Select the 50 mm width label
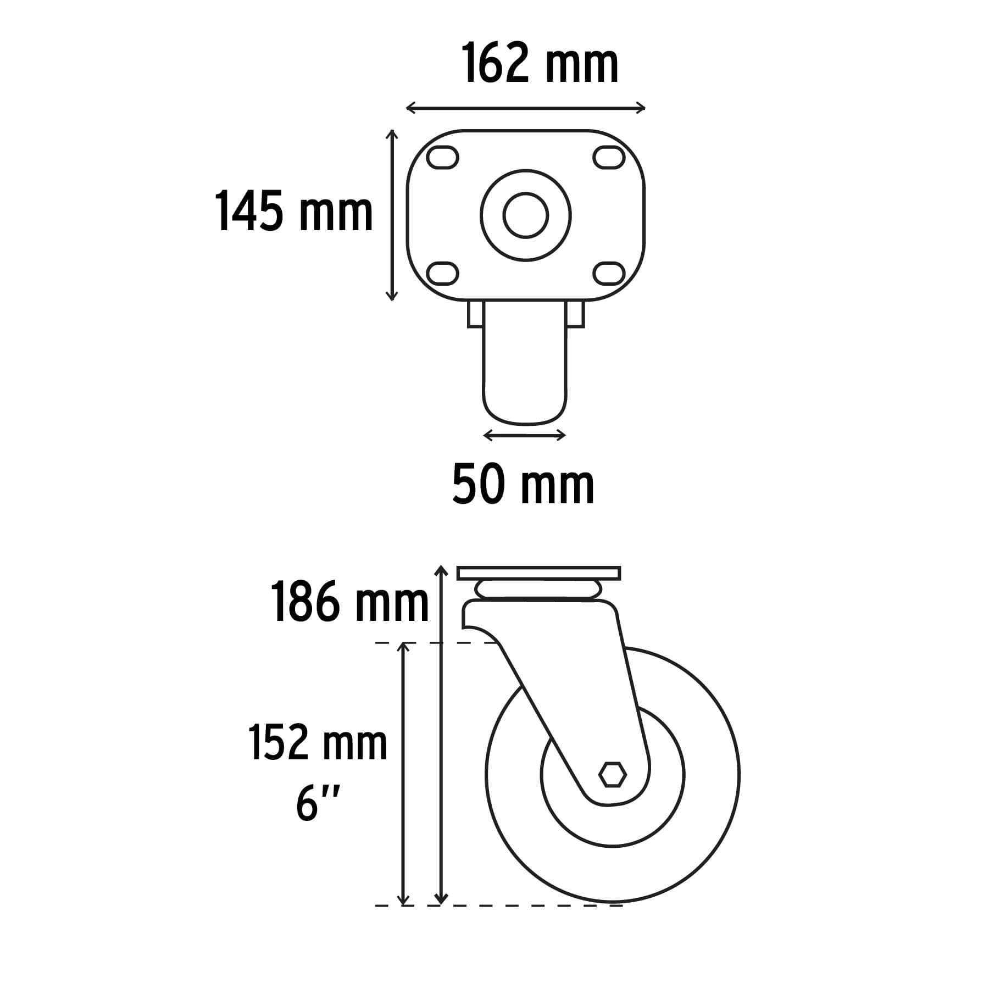click(x=523, y=485)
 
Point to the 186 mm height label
click(x=349, y=603)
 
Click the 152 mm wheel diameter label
click(x=318, y=743)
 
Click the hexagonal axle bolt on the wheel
click(x=612, y=775)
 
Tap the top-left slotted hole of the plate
click(x=443, y=158)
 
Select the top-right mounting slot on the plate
click(x=609, y=158)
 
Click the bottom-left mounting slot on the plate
click(x=443, y=273)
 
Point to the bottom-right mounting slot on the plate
click(x=609, y=273)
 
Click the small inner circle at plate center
click(x=526, y=215)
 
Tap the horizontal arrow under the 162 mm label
click(x=525, y=108)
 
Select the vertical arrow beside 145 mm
click(x=391, y=215)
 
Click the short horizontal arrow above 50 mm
click(x=524, y=436)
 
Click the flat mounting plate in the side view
click(x=538, y=573)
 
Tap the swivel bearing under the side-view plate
click(x=538, y=590)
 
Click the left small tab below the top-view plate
click(x=475, y=314)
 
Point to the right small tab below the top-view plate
click(x=575, y=314)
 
